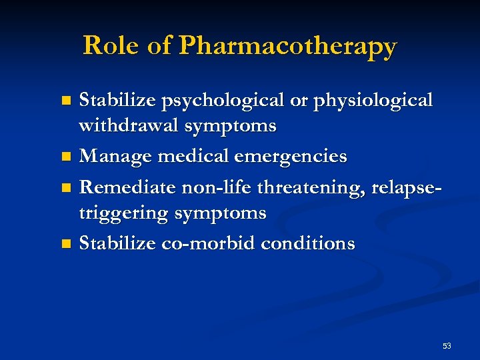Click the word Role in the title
coord(107,45)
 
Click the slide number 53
coord(446,345)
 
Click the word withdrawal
coord(121,125)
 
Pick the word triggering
coord(124,213)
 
